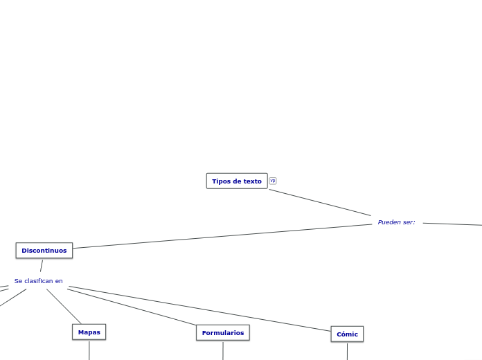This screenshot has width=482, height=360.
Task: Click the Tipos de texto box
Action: (236, 181)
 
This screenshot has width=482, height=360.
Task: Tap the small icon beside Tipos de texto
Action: (273, 181)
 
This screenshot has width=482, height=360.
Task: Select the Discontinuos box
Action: (44, 251)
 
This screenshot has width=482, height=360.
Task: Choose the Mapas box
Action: (89, 332)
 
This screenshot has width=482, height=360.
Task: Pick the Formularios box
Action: (222, 333)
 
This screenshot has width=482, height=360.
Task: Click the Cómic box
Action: (347, 334)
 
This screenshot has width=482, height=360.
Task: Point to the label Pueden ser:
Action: (396, 222)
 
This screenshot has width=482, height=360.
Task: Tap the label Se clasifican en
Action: (39, 281)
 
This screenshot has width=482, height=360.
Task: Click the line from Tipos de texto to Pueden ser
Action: (320, 202)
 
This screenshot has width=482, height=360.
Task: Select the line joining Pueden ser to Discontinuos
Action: (222, 236)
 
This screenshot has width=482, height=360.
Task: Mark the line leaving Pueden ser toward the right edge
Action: (452, 224)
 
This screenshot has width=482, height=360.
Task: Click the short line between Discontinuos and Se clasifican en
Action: (42, 266)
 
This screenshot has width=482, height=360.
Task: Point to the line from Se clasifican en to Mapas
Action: (64, 306)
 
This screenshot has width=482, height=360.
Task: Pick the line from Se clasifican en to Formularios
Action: (132, 307)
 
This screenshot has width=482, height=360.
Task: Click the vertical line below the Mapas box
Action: (89, 350)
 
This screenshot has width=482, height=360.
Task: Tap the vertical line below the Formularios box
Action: (222, 350)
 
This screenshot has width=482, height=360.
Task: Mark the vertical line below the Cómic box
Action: (347, 351)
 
